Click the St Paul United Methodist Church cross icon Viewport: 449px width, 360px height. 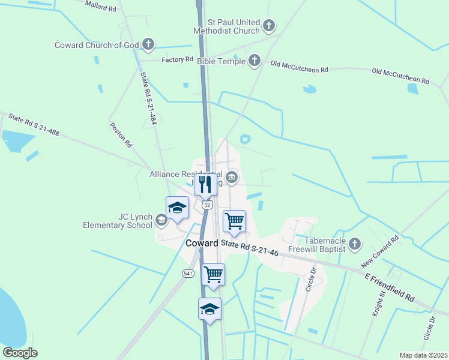269,25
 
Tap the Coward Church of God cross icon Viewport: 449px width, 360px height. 148,44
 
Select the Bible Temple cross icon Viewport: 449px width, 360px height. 255,60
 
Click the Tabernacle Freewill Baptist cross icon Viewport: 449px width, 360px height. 355,243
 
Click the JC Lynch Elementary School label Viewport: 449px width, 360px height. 118,221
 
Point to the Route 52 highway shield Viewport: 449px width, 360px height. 206,205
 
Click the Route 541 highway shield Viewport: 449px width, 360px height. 188,273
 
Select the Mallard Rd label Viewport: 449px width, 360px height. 100,7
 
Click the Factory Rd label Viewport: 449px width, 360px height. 177,59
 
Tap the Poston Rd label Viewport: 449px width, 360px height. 120,136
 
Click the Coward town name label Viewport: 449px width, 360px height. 202,243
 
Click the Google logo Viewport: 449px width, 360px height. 20,353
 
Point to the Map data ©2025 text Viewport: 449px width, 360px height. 423,355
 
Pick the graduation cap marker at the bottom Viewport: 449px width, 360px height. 209,309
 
